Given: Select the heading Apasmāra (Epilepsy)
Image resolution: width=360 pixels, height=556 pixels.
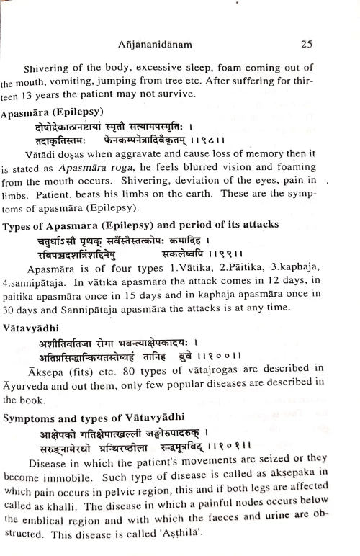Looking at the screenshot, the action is tap(53, 113).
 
